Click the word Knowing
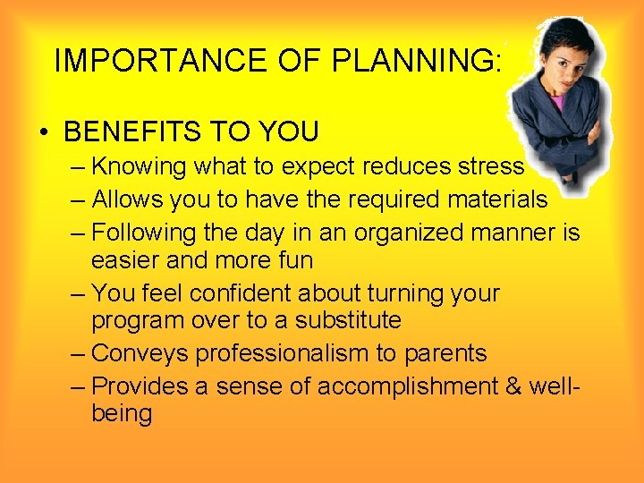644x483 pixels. pos(133,167)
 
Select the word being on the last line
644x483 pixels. pos(122,413)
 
